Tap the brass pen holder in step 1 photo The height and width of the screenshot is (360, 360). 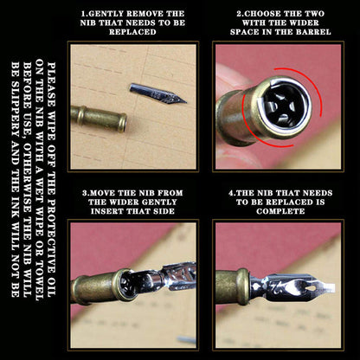[99, 119]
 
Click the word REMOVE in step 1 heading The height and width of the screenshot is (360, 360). [145, 14]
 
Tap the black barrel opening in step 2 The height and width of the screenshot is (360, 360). [285, 106]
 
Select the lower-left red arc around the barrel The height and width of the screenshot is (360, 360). [254, 127]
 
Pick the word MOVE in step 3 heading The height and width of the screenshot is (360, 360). [101, 193]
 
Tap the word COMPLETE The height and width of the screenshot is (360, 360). [280, 211]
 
